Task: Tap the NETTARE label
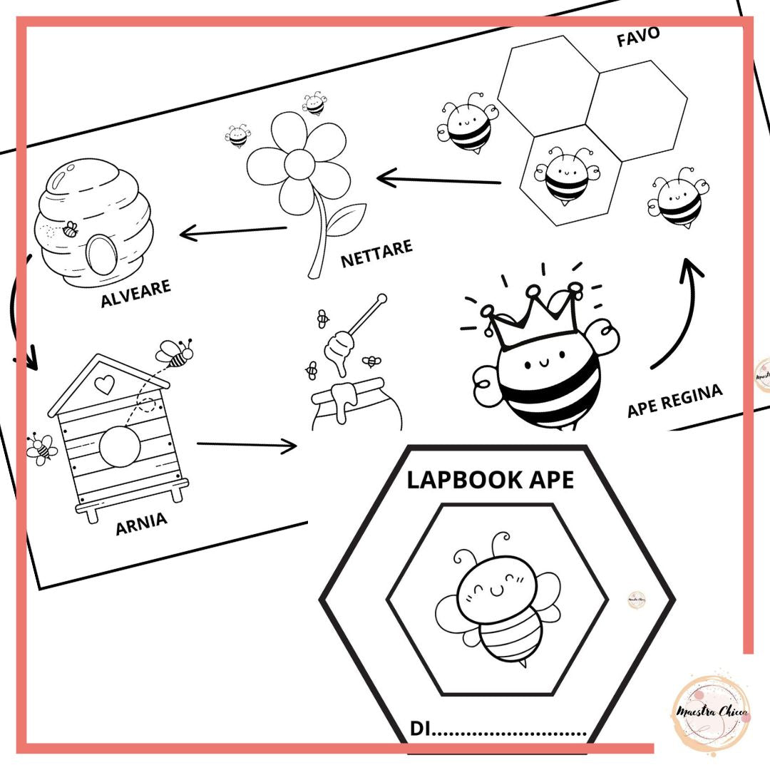(x=376, y=253)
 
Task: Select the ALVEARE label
(x=135, y=293)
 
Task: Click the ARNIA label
(x=141, y=523)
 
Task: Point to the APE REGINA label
(x=675, y=400)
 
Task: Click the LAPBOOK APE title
(x=491, y=480)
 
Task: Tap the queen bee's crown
(x=533, y=312)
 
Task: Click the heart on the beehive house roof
(x=104, y=384)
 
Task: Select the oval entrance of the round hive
(x=101, y=254)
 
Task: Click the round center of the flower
(x=299, y=164)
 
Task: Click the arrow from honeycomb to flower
(x=438, y=179)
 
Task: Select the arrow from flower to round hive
(x=232, y=232)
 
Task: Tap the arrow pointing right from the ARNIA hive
(x=247, y=445)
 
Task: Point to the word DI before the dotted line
(x=421, y=729)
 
